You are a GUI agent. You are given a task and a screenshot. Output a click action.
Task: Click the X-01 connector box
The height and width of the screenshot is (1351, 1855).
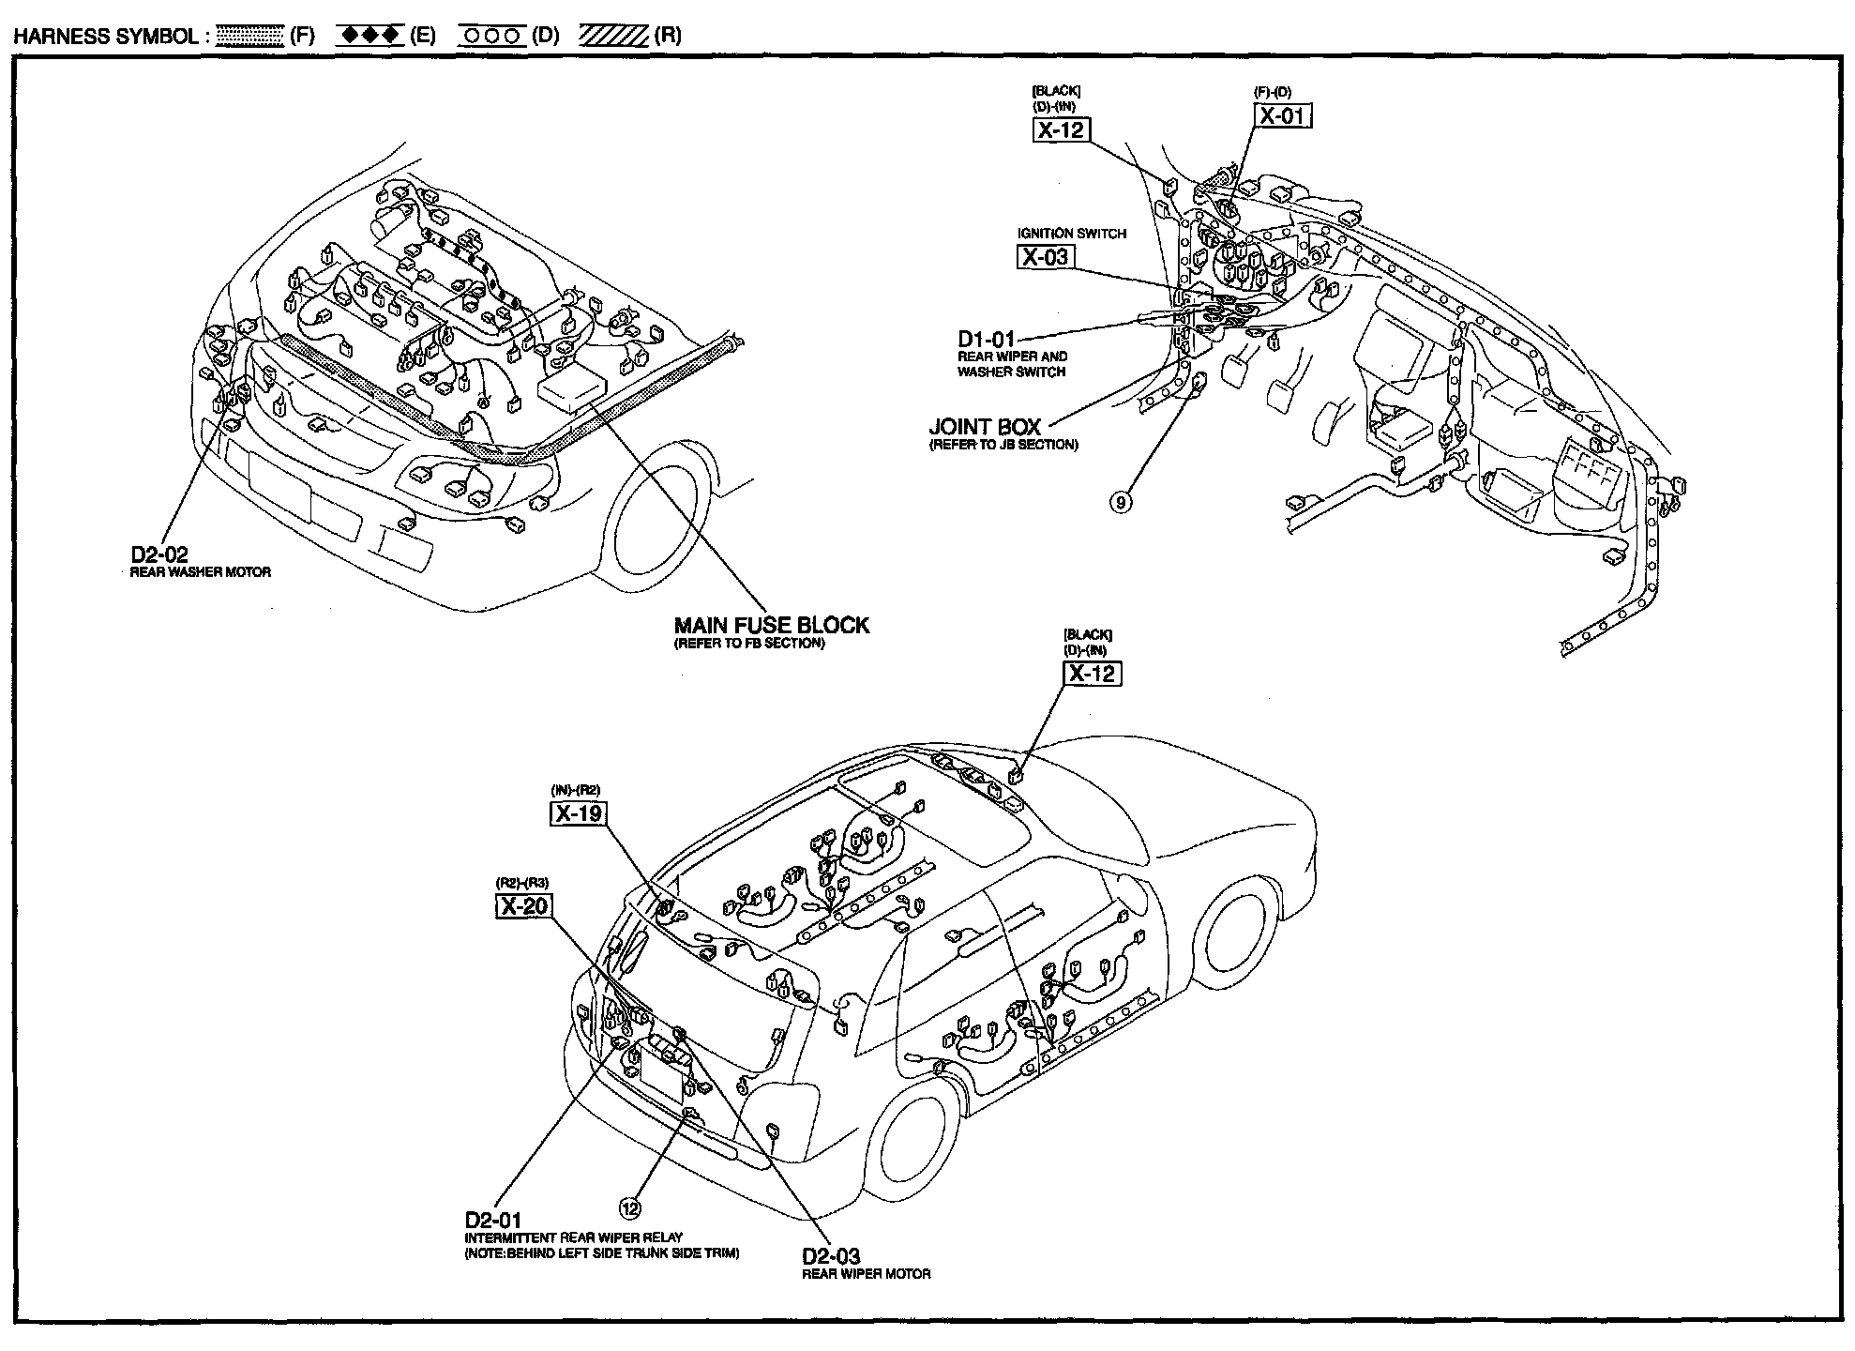coord(1283,115)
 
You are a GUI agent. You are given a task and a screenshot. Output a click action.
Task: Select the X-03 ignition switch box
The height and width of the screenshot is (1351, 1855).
coord(1045,257)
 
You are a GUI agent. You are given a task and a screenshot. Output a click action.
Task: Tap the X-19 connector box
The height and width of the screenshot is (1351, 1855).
coord(578,812)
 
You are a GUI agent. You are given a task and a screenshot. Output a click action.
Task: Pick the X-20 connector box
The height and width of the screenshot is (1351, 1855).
coord(523,906)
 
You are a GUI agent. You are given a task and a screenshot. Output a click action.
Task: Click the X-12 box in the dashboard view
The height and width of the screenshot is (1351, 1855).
coord(1061,129)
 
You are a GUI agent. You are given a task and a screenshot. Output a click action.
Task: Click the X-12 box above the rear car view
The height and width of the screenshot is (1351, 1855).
coord(1092,673)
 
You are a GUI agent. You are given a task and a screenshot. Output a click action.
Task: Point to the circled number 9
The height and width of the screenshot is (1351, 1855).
coord(1122,502)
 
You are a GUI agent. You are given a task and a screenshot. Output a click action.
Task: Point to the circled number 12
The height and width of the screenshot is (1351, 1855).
coord(630,1208)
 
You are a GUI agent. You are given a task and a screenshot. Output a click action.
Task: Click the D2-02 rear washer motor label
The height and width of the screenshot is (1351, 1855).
coord(159,555)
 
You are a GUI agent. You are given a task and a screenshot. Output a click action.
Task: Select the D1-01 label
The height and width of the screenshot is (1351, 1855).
coord(986,339)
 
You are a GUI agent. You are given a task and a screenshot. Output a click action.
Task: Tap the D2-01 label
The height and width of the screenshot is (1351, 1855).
coord(492,1221)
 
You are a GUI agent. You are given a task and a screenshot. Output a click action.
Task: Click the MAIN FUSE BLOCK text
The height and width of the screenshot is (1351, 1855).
coord(772,625)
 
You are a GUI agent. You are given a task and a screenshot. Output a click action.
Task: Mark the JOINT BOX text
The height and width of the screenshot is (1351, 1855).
coord(985,427)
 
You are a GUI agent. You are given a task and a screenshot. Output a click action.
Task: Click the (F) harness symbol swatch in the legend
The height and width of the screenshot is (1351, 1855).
coord(249,37)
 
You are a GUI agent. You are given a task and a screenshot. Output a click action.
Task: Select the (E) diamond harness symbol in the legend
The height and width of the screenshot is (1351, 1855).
coord(370,36)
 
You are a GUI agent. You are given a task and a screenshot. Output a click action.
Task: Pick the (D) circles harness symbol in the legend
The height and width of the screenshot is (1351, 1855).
coord(492,37)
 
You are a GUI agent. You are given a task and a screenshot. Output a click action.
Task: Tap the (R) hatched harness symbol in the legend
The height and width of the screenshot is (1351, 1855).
coord(614,37)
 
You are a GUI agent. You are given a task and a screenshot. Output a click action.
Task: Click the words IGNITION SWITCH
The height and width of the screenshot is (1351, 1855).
coord(1072,233)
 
